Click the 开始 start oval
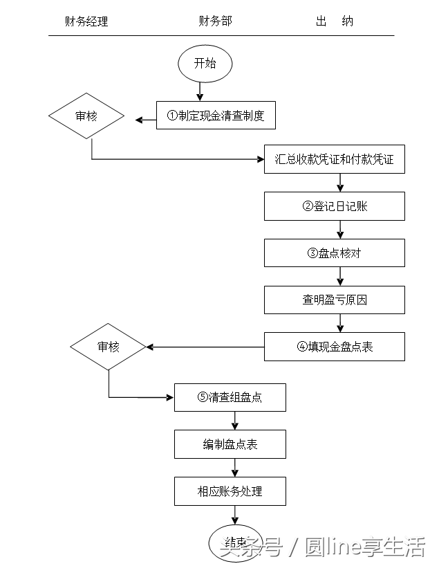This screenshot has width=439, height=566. [x=205, y=64]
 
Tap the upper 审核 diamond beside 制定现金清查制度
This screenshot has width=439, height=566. [x=86, y=116]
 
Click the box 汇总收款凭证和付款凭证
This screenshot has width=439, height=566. [x=335, y=159]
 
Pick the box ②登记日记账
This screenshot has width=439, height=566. [x=335, y=206]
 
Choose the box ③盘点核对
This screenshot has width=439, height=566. [x=335, y=253]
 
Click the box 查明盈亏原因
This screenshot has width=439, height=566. [x=335, y=300]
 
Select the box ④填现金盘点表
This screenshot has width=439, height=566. [x=335, y=347]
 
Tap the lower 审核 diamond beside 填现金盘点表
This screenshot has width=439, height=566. [x=109, y=346]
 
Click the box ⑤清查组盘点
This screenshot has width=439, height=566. [x=230, y=397]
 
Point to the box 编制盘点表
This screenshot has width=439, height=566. [x=230, y=444]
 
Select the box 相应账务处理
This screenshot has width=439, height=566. [x=230, y=491]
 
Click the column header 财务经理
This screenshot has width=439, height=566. [x=86, y=21]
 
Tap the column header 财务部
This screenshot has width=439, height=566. [x=215, y=21]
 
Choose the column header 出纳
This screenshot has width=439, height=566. [x=335, y=21]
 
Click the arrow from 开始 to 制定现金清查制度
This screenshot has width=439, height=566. [x=200, y=90]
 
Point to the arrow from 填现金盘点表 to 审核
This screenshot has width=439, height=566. [x=205, y=347]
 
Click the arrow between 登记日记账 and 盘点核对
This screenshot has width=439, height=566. [x=339, y=230]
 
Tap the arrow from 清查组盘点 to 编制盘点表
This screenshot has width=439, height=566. [x=235, y=421]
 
